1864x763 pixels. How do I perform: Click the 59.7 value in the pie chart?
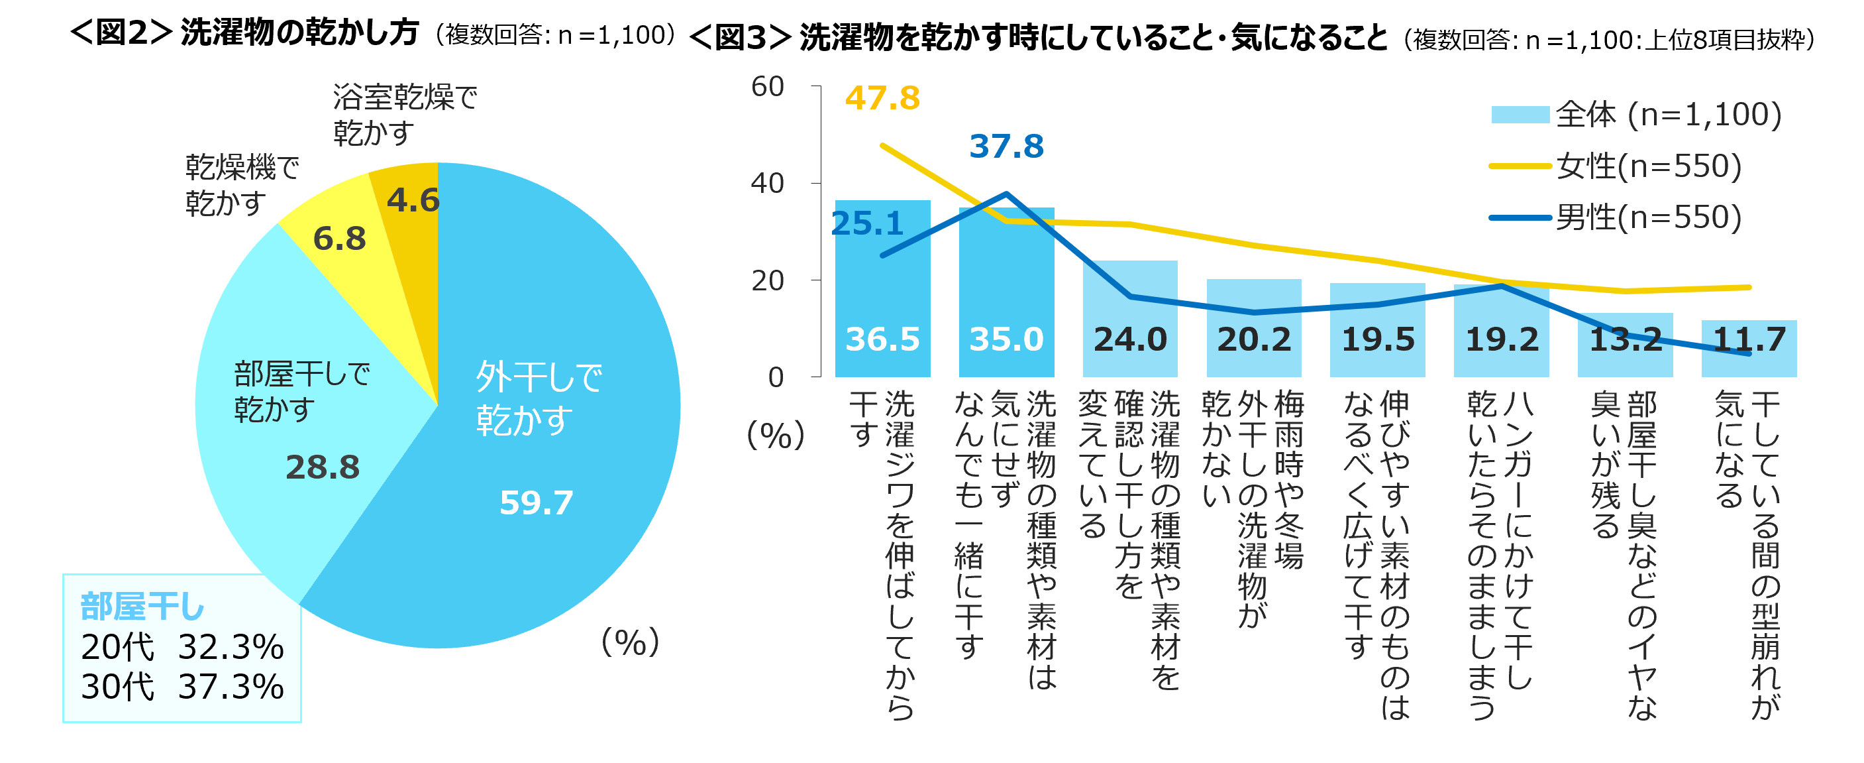click(x=536, y=502)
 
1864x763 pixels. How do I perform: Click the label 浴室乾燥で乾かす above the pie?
click(x=405, y=115)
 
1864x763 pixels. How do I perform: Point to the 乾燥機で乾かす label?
click(x=242, y=184)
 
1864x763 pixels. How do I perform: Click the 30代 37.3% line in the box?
click(x=182, y=686)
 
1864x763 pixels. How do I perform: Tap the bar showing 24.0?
click(x=1129, y=318)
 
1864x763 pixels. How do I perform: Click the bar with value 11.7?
click(x=1748, y=348)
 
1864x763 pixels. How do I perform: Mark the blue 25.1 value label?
click(x=867, y=223)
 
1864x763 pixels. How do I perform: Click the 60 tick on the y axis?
click(x=768, y=86)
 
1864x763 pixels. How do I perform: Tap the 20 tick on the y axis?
click(x=768, y=280)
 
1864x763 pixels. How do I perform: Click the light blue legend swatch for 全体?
click(x=1520, y=115)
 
